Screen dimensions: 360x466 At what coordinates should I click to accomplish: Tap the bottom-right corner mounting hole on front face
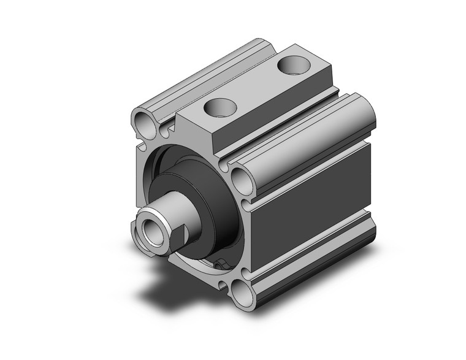pyautogui.click(x=244, y=292)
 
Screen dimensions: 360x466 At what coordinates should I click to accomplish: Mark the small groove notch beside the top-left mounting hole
pyautogui.click(x=164, y=131)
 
